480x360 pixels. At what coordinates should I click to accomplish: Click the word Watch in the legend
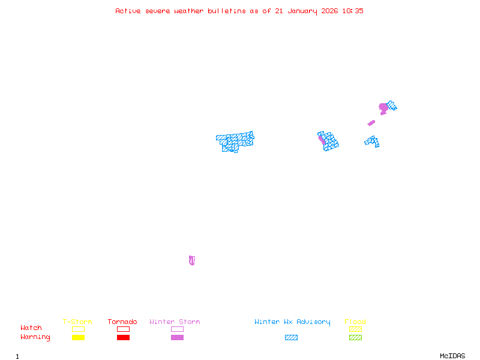tap(31, 328)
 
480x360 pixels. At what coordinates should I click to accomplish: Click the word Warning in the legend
tap(35, 337)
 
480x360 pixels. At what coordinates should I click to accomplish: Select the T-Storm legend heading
tap(77, 322)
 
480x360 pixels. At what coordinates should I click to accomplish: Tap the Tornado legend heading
tap(122, 322)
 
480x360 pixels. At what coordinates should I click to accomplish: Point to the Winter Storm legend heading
tap(175, 322)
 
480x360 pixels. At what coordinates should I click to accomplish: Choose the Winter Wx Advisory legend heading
tap(292, 322)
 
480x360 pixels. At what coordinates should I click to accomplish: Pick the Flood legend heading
tap(355, 322)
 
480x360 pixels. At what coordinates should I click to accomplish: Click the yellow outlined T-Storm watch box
tap(78, 329)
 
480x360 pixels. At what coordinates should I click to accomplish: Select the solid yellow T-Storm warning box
tap(78, 338)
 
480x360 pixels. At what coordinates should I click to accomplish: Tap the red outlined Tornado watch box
tap(123, 329)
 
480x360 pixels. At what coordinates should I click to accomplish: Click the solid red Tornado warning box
tap(123, 338)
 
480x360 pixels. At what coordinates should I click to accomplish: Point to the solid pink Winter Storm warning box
tap(177, 338)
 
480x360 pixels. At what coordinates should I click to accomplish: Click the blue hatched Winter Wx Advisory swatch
tap(291, 338)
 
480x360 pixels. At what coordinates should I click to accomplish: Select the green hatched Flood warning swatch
tap(355, 338)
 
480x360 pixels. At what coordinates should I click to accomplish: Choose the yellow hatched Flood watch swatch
tap(355, 329)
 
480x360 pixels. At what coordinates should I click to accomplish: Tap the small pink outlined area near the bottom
tap(191, 260)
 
